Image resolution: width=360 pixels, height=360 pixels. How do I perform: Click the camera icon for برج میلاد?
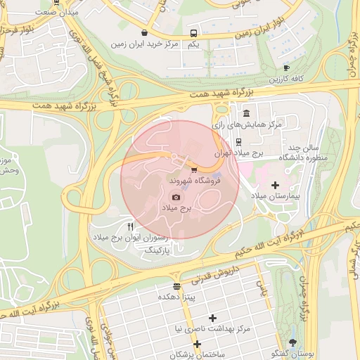176,198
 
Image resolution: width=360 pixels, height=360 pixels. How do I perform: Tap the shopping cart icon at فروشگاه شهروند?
194,170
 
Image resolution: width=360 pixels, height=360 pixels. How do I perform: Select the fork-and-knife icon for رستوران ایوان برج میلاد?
130,227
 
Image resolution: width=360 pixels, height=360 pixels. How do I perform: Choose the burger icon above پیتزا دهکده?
176,286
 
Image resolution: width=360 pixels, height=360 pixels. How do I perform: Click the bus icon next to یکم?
193,33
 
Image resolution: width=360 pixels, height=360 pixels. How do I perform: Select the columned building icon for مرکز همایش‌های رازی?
245,113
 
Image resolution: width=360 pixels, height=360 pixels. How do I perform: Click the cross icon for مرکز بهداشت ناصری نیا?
212,318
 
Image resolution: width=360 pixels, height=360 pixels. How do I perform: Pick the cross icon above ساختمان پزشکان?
198,344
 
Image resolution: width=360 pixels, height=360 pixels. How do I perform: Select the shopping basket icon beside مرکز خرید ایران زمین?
144,32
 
